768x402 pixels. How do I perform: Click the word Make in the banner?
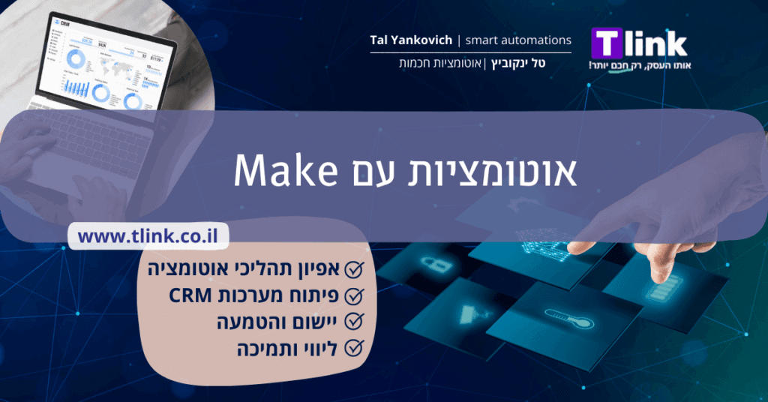pyautogui.click(x=286, y=170)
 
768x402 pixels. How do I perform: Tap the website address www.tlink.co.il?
pyautogui.click(x=148, y=236)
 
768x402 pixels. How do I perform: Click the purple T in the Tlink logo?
pyautogui.click(x=607, y=43)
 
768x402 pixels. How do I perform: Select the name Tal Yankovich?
pyautogui.click(x=411, y=40)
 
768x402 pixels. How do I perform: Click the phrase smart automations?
pyautogui.click(x=518, y=40)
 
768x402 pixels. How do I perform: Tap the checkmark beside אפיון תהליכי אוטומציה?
pyautogui.click(x=354, y=269)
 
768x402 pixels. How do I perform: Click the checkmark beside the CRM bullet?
pyautogui.click(x=354, y=295)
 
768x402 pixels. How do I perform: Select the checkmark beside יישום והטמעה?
pyautogui.click(x=354, y=322)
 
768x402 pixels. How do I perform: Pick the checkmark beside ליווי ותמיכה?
pyautogui.click(x=354, y=348)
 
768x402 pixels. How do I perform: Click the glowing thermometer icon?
pyautogui.click(x=569, y=319)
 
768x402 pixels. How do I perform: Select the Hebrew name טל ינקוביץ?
pyautogui.click(x=518, y=63)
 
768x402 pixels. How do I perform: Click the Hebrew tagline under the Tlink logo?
pyautogui.click(x=640, y=65)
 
